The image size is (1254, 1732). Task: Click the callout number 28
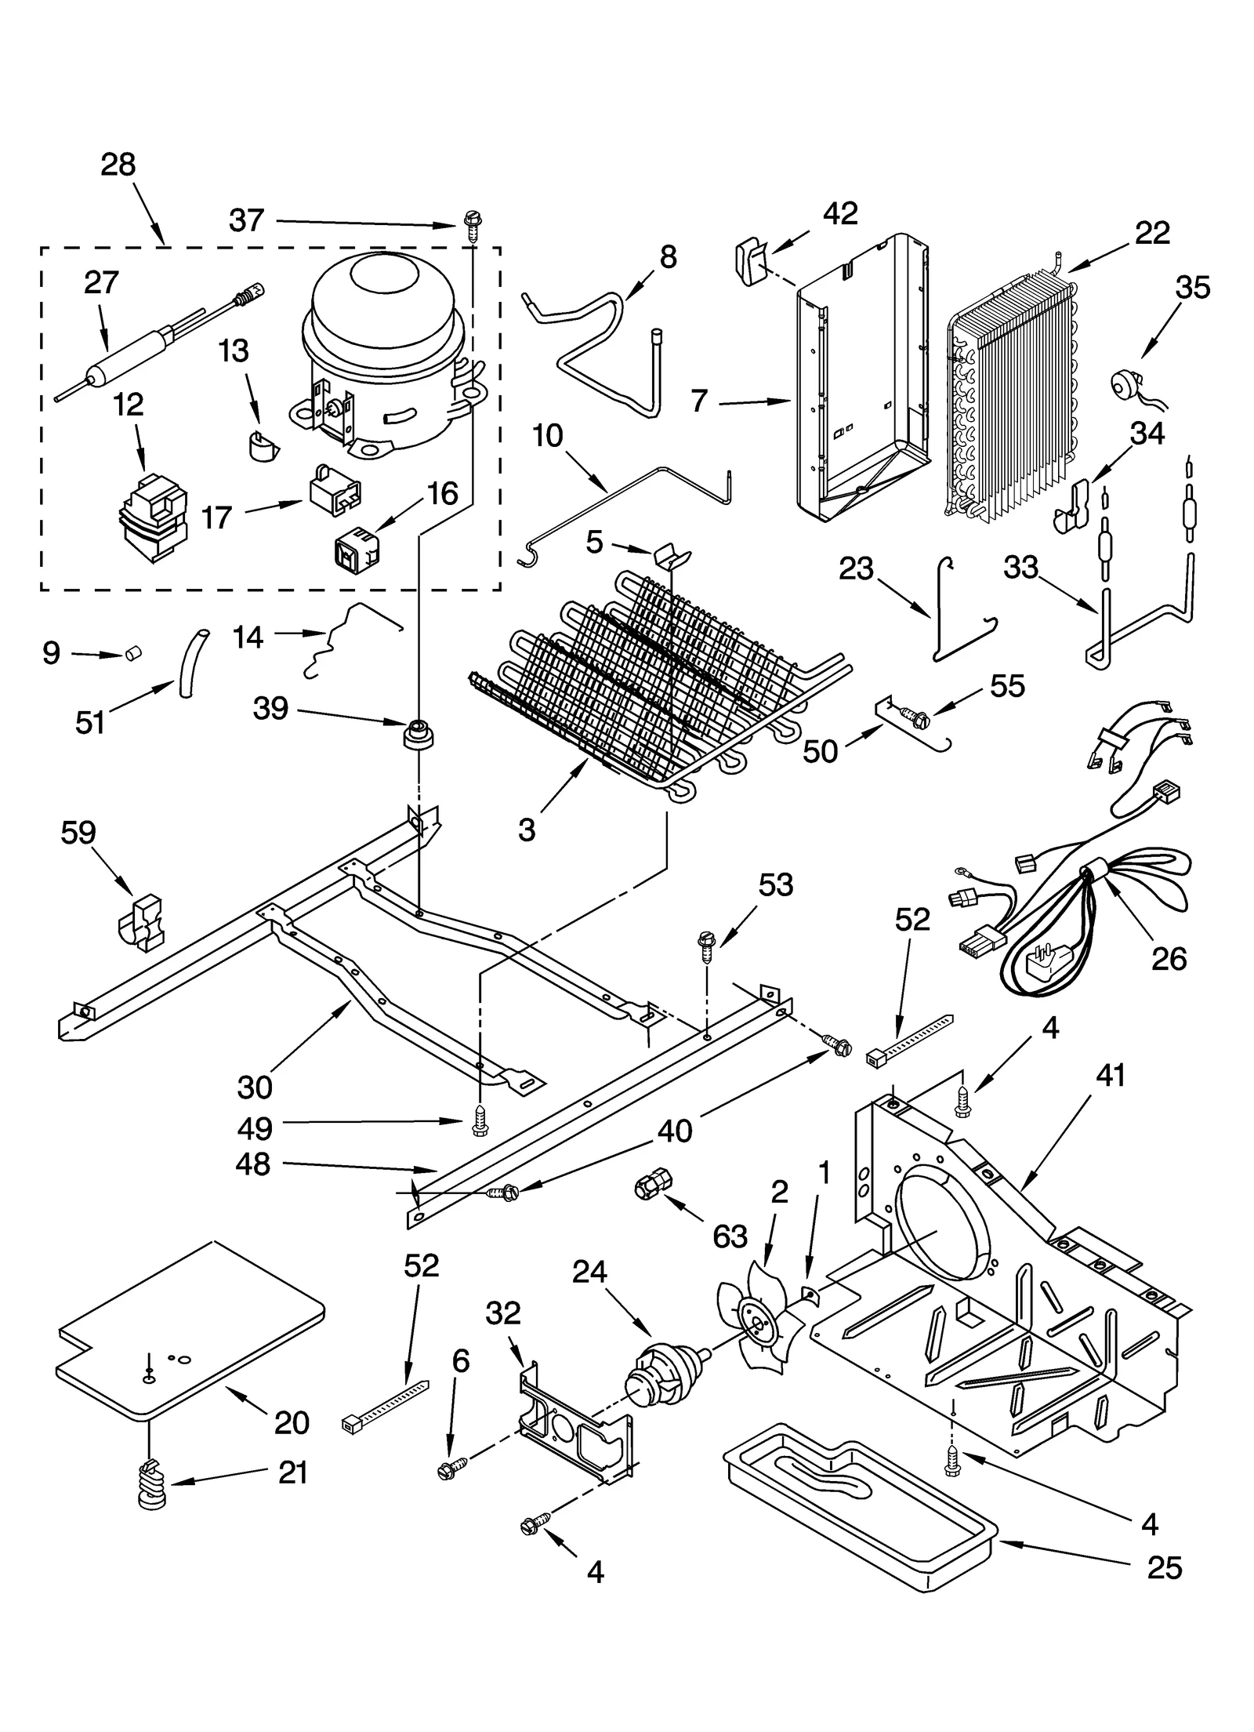[118, 165]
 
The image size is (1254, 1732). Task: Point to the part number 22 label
[1151, 233]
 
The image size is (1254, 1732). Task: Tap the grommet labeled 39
[419, 734]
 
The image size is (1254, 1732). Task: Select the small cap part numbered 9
[133, 652]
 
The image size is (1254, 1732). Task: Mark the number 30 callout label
[254, 1087]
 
